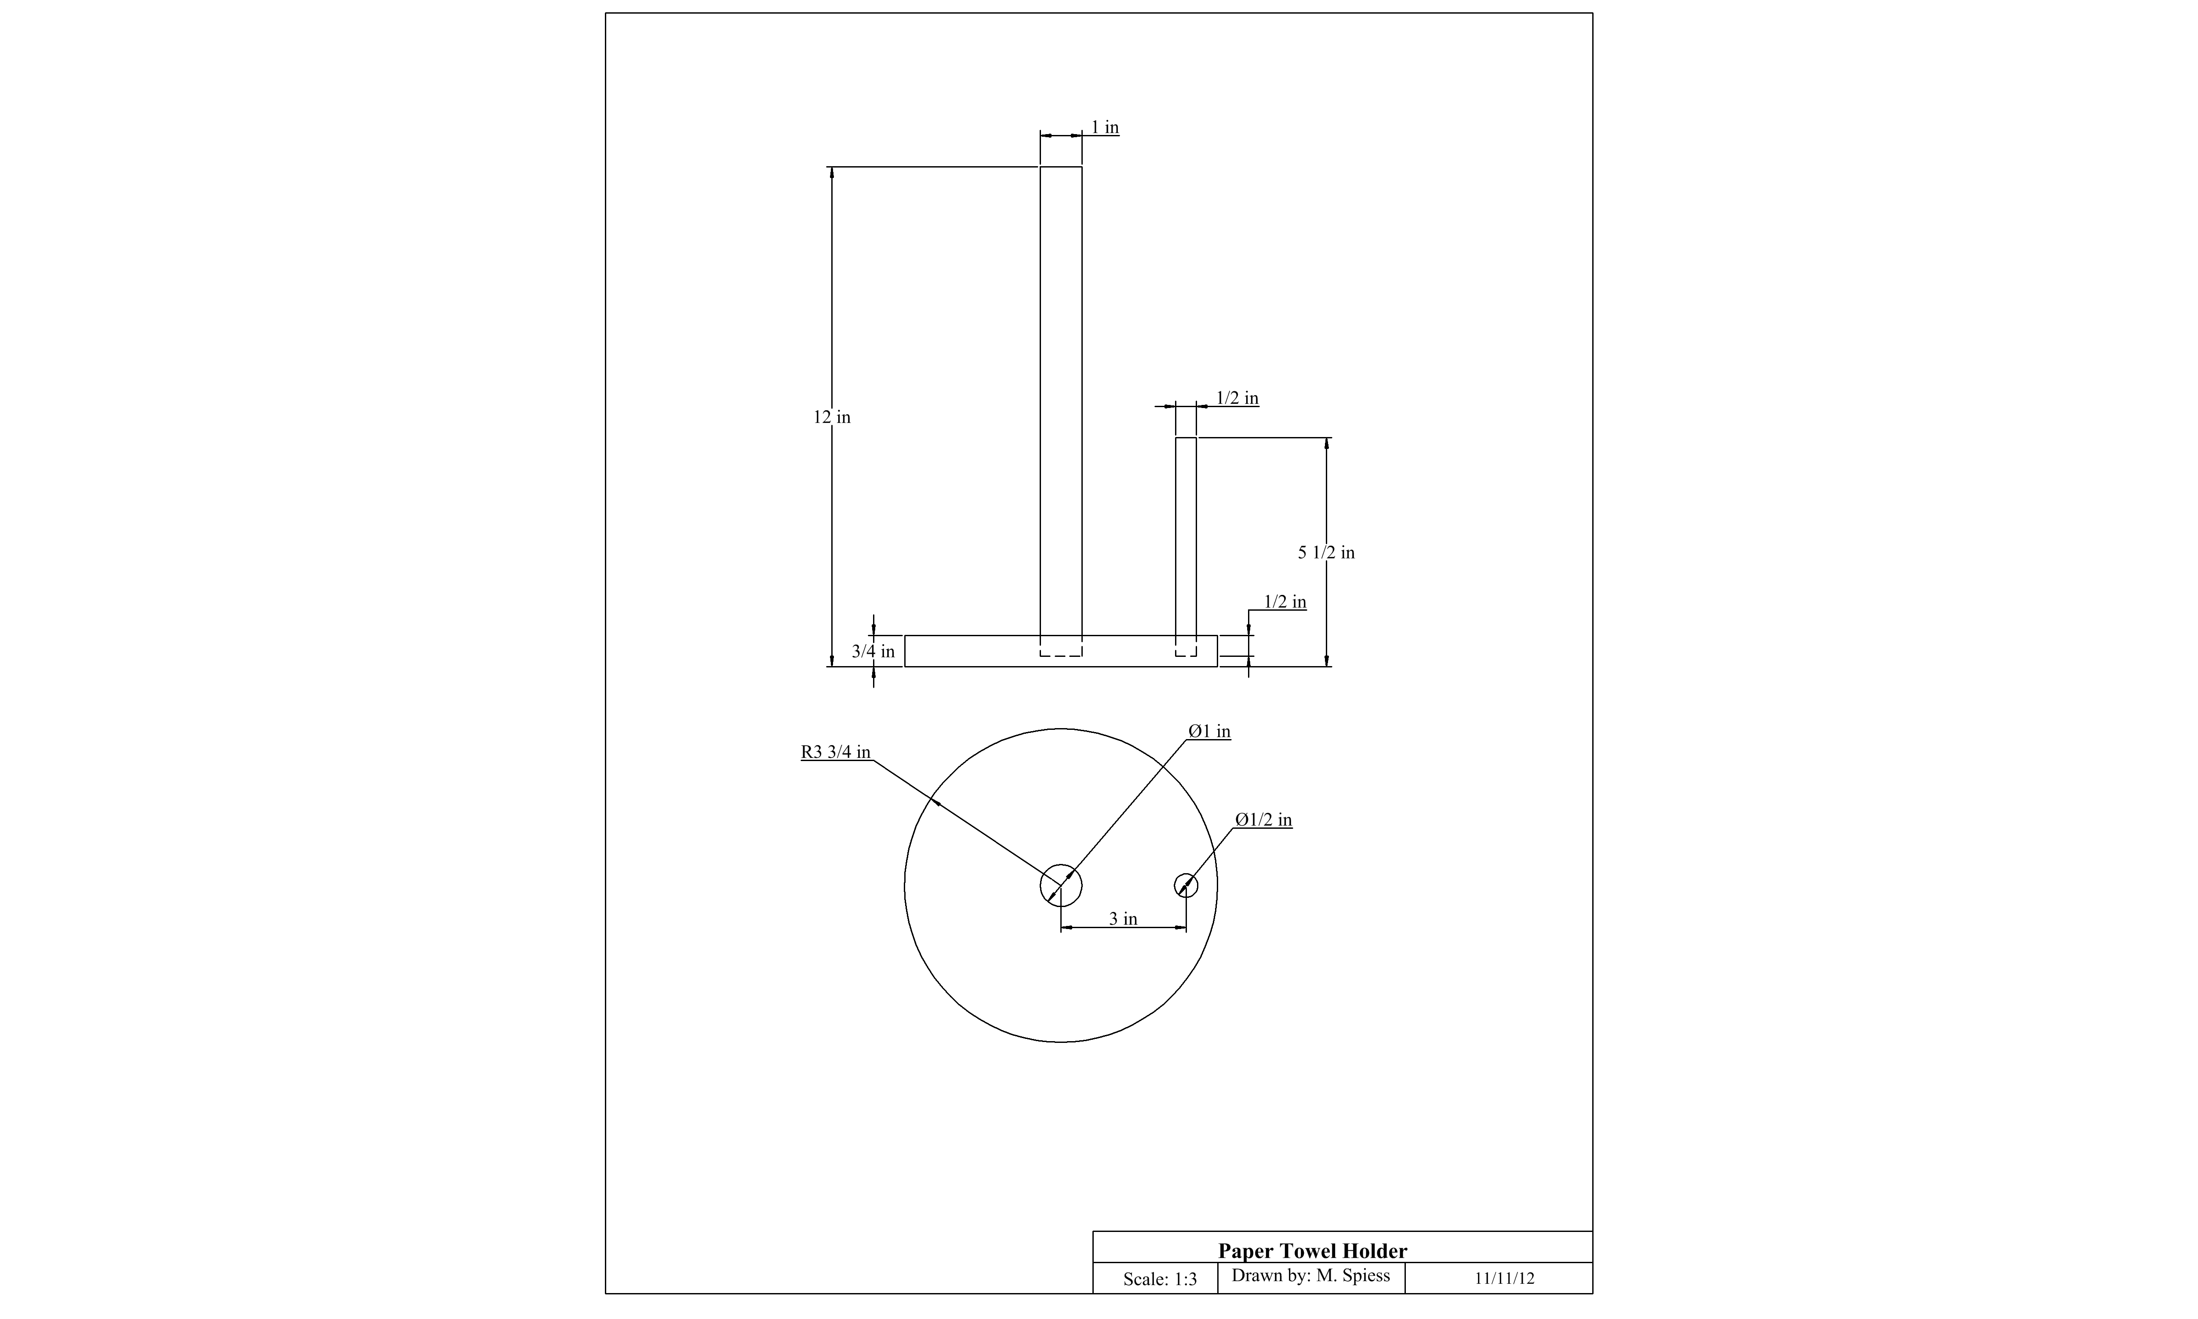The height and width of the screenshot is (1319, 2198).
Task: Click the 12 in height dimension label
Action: [832, 417]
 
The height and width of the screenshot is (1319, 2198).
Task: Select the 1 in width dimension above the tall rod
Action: [1105, 127]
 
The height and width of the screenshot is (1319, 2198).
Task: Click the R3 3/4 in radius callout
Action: [835, 752]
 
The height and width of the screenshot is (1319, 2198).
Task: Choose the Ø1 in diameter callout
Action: [1209, 731]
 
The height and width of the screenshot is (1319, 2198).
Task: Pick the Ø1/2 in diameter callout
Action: [1263, 820]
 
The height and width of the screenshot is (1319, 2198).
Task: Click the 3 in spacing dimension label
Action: [1123, 918]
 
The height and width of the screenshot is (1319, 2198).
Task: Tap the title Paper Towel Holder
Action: [1312, 1250]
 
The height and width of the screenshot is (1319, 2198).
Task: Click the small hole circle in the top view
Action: [1186, 885]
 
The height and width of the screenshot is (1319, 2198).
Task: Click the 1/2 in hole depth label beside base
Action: [1285, 602]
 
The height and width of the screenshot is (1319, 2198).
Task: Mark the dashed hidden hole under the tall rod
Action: [1061, 656]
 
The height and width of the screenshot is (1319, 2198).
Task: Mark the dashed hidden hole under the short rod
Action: [1186, 656]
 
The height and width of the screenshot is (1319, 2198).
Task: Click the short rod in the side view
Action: [1186, 536]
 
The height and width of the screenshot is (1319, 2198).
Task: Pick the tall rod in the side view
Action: [1061, 401]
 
